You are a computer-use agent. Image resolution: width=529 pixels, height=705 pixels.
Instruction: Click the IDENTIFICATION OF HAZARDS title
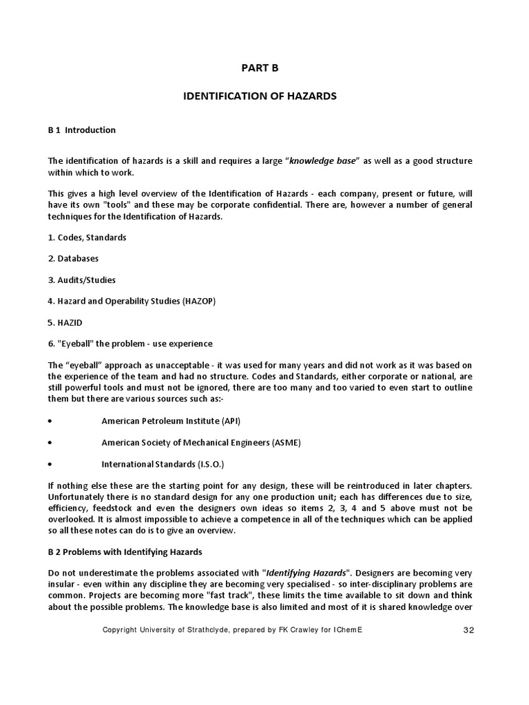point(260,96)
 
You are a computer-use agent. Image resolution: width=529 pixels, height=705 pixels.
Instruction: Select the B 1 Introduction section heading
point(81,129)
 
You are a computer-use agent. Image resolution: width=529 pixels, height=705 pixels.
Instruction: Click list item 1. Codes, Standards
point(87,237)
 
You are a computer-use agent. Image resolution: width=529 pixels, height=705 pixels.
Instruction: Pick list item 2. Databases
point(73,258)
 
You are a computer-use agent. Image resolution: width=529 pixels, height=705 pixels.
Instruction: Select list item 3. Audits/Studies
point(81,280)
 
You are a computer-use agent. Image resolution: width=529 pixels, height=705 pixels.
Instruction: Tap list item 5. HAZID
point(66,322)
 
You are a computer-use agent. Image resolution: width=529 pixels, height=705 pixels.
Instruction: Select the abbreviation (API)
point(230,421)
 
